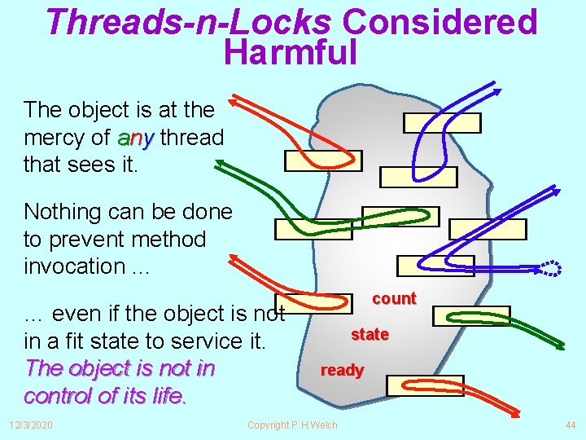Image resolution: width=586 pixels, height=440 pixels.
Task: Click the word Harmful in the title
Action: (x=291, y=52)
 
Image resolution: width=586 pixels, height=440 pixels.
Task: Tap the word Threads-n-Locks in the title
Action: (x=188, y=22)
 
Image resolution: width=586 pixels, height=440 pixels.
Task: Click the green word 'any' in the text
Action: (x=135, y=139)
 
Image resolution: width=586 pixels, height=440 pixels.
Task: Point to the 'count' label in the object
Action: (x=394, y=298)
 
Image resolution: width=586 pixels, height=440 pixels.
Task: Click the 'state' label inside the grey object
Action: (x=370, y=334)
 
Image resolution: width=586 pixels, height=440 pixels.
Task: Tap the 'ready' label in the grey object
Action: (x=342, y=370)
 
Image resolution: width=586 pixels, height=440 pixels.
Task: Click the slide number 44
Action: (x=570, y=425)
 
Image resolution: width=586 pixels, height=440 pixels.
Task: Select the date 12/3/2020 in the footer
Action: (x=31, y=425)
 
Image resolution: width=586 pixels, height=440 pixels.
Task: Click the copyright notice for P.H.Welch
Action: (x=292, y=425)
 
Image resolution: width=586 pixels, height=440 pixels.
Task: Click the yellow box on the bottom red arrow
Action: (x=423, y=385)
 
